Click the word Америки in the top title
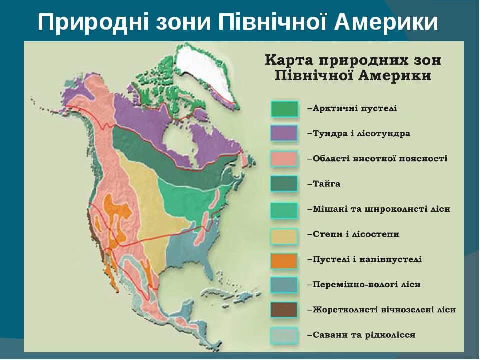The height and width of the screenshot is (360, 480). (386, 22)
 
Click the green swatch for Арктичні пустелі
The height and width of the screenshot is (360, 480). (284, 109)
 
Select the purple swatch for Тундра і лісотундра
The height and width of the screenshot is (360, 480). (284, 134)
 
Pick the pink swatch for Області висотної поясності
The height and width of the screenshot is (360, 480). (284, 159)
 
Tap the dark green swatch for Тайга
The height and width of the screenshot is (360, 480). (284, 184)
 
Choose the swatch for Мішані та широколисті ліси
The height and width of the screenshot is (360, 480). (284, 209)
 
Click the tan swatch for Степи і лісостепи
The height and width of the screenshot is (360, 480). (284, 235)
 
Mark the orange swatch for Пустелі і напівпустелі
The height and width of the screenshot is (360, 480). (284, 260)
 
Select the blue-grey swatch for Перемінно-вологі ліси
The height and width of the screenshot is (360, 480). (284, 285)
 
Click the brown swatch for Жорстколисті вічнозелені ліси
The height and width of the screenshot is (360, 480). (284, 310)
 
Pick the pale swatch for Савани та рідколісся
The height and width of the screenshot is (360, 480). (284, 335)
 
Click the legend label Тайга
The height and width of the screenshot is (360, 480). (326, 184)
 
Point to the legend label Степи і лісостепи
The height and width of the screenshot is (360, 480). (356, 234)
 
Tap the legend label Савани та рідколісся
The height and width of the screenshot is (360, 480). (363, 335)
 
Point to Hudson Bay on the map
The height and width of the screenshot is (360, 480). (178, 139)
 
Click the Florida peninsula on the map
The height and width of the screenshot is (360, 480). (209, 267)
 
